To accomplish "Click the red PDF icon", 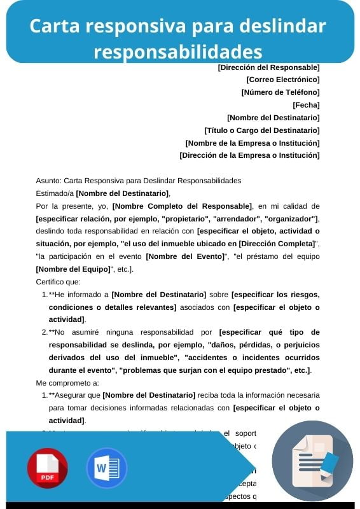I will [47, 468].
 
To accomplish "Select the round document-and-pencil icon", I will [312, 461].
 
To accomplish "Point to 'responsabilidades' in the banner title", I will [178, 51].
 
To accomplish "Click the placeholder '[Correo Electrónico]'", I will [282, 80].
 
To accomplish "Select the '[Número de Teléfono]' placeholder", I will [280, 92].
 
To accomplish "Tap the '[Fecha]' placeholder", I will [305, 105].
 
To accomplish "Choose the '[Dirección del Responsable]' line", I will [268, 67].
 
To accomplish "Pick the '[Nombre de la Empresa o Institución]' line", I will [252, 143].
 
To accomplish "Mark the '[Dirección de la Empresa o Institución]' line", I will [249, 155].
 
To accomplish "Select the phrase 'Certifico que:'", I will [58, 281].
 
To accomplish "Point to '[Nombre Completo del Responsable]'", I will [182, 206].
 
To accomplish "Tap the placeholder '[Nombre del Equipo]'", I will [74, 269].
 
